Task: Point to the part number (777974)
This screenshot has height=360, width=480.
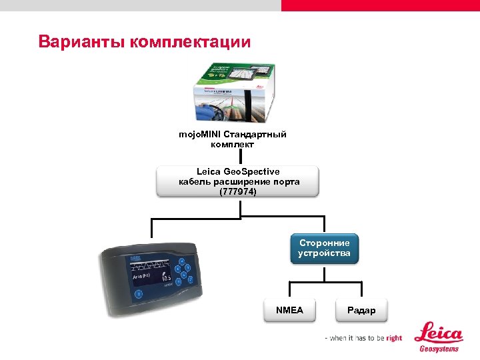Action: coord(237,192)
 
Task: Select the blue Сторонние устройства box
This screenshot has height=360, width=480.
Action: coord(324,248)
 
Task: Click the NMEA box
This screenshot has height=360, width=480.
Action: coord(289,311)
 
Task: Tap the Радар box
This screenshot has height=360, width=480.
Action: coord(361,311)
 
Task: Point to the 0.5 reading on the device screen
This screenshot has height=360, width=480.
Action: coord(165,277)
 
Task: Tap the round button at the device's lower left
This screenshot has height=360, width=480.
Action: coord(138,293)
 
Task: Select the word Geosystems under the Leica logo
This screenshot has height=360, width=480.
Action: coord(437,349)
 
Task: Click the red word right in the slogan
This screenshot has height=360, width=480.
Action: coord(393,338)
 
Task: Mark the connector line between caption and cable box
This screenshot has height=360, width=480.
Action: coord(240,158)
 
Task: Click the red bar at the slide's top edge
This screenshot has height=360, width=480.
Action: coord(380,5)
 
